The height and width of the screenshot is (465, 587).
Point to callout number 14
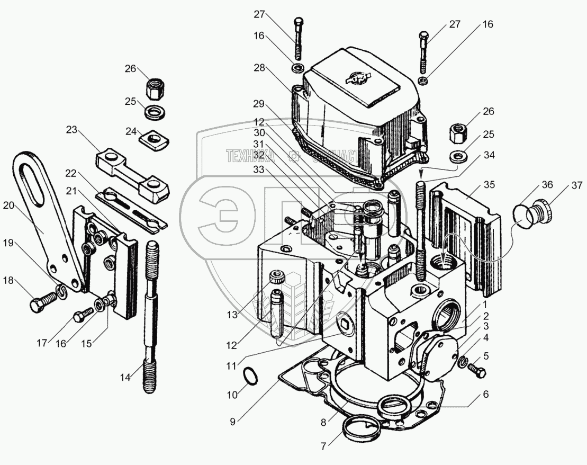pyautogui.click(x=125, y=378)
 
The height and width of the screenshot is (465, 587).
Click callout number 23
pyautogui.click(x=73, y=129)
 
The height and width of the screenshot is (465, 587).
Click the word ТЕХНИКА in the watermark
pyautogui.click(x=251, y=155)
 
